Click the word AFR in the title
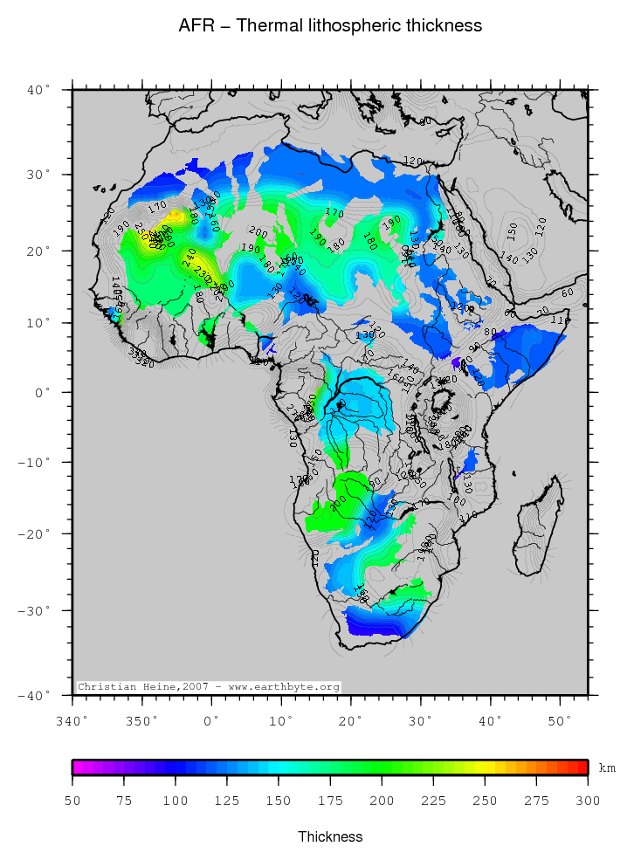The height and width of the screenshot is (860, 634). point(193,26)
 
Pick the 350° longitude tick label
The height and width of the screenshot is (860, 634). point(142,720)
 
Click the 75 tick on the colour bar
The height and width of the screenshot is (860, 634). point(124,801)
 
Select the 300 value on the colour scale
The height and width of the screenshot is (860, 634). point(588,801)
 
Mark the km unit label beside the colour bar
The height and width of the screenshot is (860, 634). point(607,768)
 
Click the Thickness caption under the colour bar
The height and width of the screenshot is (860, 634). point(330,836)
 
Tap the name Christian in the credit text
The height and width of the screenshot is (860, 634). point(102,687)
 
